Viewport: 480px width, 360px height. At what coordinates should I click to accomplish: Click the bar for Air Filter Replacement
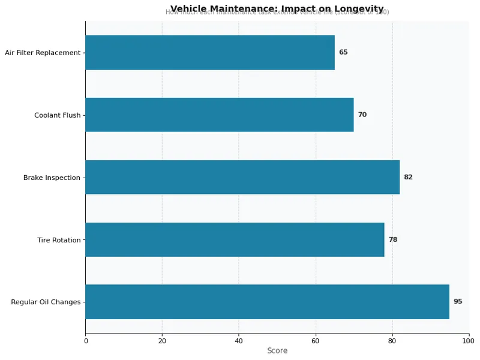[x=210, y=52]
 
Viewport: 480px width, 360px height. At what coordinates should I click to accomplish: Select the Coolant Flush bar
[x=220, y=115]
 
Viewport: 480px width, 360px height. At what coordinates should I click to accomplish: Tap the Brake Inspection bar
[x=242, y=177]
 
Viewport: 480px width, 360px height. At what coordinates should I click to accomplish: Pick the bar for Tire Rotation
[x=235, y=239]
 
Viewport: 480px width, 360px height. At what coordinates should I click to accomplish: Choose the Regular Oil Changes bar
[x=267, y=302]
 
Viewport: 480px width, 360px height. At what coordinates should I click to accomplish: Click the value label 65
[x=343, y=52]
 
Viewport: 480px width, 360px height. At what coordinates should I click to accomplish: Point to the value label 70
[x=362, y=115]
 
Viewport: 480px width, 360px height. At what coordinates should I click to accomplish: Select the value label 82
[x=408, y=177]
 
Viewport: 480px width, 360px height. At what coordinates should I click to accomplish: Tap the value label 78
[x=393, y=239]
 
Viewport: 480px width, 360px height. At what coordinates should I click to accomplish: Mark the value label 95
[x=458, y=302]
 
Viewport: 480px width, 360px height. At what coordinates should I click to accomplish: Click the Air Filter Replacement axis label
[x=43, y=53]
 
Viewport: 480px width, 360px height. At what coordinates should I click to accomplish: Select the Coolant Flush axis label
[x=57, y=115]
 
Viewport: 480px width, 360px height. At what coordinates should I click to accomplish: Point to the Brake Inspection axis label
[x=52, y=178]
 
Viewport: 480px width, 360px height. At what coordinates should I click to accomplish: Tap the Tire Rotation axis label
[x=59, y=240]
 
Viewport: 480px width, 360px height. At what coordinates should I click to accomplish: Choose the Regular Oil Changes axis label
[x=46, y=302]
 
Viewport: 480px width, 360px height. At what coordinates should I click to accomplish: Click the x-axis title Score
[x=277, y=351]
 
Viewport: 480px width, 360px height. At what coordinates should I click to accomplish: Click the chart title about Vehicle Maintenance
[x=277, y=8]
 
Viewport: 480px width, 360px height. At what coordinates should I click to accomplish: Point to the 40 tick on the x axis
[x=239, y=341]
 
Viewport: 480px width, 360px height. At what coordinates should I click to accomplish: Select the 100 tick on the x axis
[x=469, y=341]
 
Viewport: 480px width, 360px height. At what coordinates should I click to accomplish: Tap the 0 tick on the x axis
[x=86, y=341]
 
